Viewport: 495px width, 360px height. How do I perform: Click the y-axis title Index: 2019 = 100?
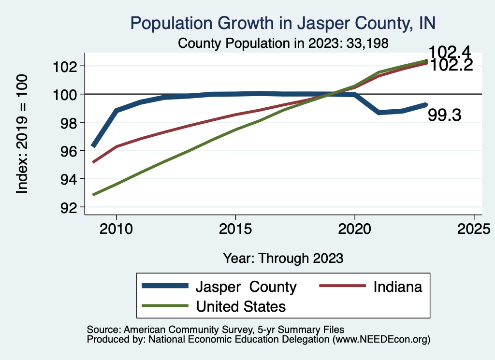tap(22, 134)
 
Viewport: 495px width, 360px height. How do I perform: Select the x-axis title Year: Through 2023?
tap(283, 258)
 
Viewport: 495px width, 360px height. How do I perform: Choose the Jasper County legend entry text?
tap(246, 287)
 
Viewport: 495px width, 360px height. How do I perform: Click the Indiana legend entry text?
tap(398, 287)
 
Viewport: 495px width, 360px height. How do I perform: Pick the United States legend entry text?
tap(241, 306)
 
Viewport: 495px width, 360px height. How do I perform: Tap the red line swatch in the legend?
tap(342, 287)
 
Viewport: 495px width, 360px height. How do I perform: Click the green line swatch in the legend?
tap(164, 306)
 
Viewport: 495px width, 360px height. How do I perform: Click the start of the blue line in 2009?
tap(93, 145)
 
